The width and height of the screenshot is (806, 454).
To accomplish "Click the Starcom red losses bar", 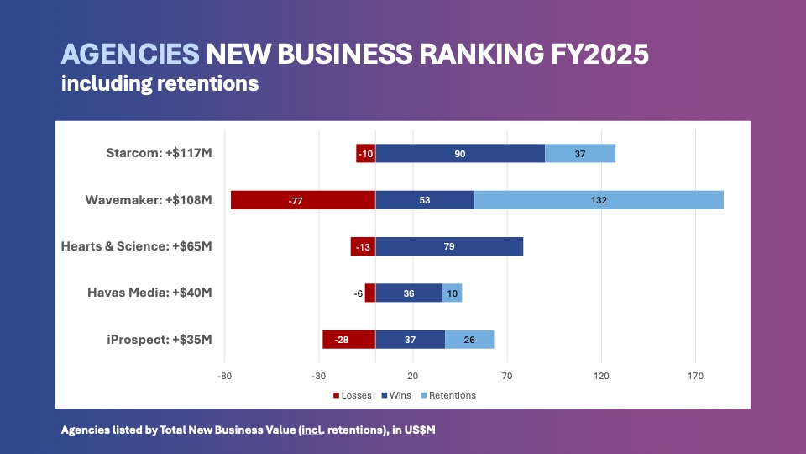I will click(x=365, y=153).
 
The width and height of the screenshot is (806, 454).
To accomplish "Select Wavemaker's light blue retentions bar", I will click(x=599, y=200).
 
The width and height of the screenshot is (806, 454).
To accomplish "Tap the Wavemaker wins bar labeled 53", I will click(x=425, y=200).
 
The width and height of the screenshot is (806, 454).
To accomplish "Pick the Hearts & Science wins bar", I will click(x=449, y=246).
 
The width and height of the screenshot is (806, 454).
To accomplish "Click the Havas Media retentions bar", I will click(x=453, y=293).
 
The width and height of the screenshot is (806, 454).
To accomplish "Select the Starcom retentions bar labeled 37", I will click(x=580, y=153).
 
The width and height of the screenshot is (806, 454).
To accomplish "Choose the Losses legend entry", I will click(x=353, y=395).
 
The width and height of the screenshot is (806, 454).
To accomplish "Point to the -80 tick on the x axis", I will click(x=224, y=376).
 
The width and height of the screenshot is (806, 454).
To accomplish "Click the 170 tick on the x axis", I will click(x=695, y=376).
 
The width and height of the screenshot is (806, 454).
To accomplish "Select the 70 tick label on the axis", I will click(x=507, y=376).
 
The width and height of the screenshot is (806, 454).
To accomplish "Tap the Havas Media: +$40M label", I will click(x=150, y=293).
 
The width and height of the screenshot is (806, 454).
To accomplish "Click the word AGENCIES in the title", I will click(x=129, y=55).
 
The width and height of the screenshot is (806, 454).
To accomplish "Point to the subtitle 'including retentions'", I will click(x=160, y=83).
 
